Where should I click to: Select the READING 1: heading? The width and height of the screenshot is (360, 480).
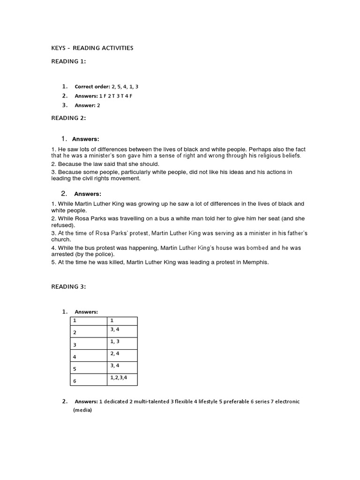pyautogui.click(x=68, y=61)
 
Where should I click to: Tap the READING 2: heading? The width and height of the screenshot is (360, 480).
pyautogui.click(x=68, y=118)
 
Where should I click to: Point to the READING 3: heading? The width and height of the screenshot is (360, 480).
pyautogui.click(x=68, y=287)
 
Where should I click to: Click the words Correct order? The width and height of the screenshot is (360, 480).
pyautogui.click(x=92, y=87)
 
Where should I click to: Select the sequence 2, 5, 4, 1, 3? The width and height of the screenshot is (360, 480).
pyautogui.click(x=125, y=87)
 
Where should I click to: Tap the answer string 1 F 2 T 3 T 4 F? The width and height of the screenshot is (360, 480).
pyautogui.click(x=112, y=96)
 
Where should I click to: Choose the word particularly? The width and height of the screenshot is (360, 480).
pyautogui.click(x=129, y=172)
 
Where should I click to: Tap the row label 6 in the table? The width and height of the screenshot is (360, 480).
pyautogui.click(x=74, y=381)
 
